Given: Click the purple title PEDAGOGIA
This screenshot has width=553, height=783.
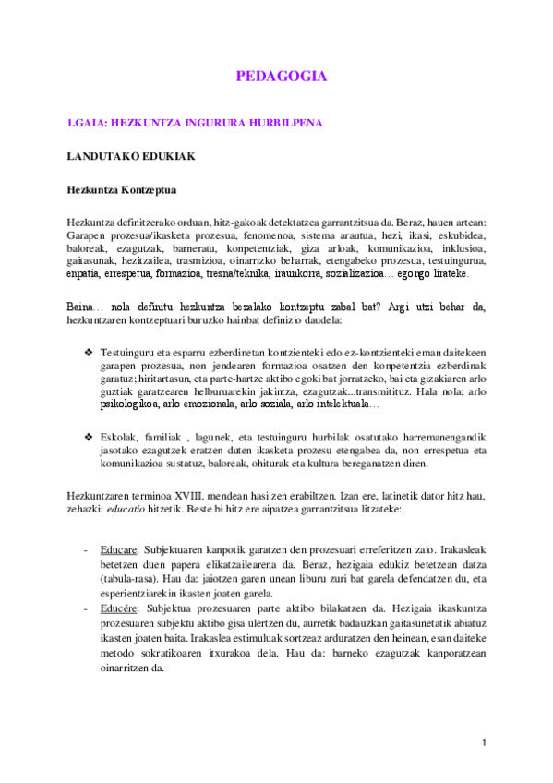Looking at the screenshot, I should pos(282,77).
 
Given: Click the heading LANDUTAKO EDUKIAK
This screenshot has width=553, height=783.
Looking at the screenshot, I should pos(130,156).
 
